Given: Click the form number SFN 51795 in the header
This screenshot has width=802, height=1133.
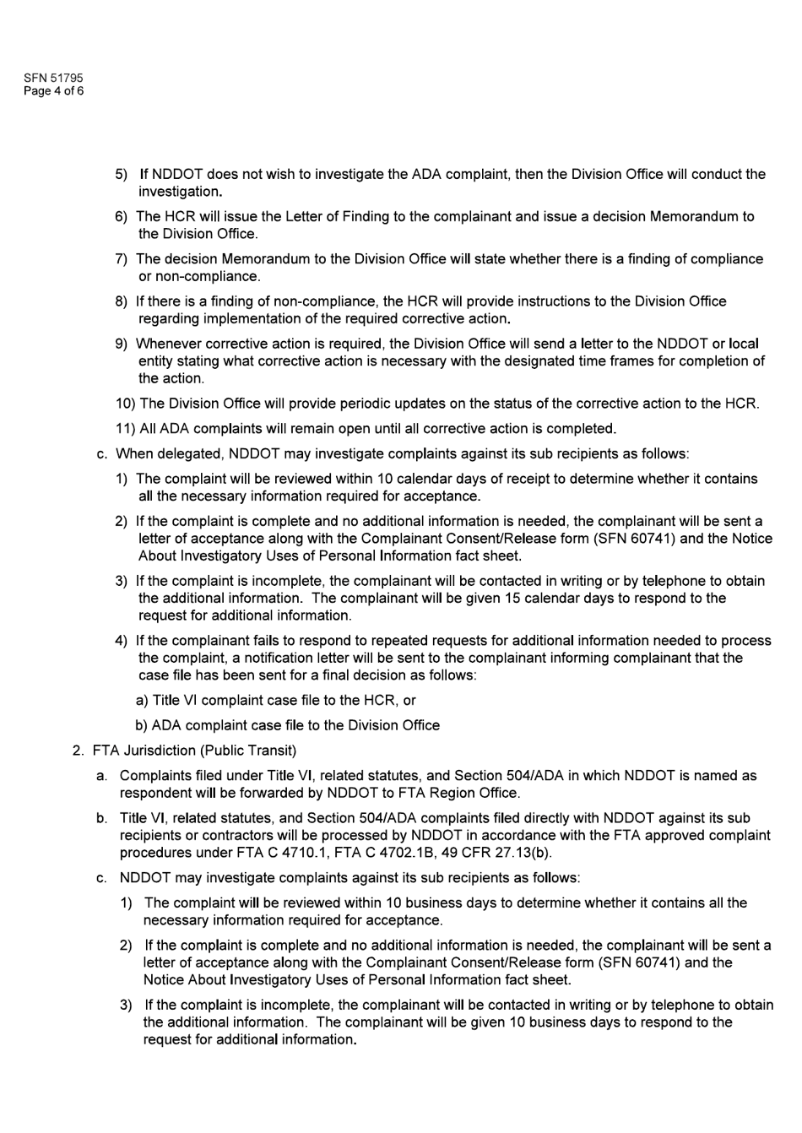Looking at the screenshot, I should (53, 79).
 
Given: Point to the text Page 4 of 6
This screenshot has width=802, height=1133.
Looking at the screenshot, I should (53, 91).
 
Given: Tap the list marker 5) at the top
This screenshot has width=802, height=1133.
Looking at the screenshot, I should (122, 175).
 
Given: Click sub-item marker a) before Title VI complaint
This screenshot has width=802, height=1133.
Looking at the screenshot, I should (142, 701).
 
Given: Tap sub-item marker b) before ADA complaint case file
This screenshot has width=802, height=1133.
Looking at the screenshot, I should (142, 726).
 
